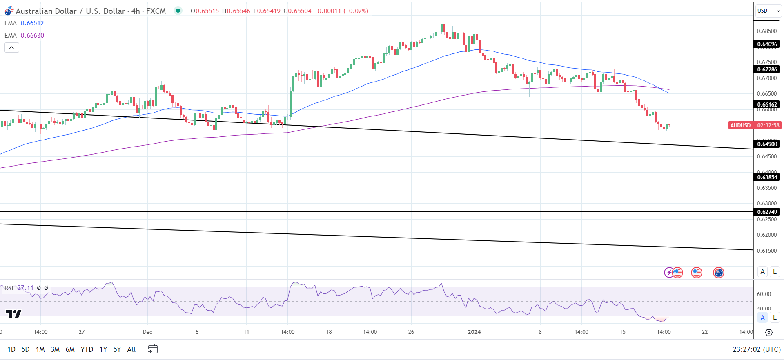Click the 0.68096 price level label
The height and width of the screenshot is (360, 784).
pyautogui.click(x=767, y=44)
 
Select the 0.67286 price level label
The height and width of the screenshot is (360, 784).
pyautogui.click(x=767, y=69)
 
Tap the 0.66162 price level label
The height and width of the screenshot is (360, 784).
pyautogui.click(x=767, y=104)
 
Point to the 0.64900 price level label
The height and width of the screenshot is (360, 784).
pyautogui.click(x=767, y=144)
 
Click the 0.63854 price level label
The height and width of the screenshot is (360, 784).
pyautogui.click(x=767, y=177)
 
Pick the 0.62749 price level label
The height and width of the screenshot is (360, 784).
pyautogui.click(x=767, y=212)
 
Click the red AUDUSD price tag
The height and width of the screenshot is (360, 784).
pyautogui.click(x=740, y=125)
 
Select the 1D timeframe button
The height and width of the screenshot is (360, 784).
pyautogui.click(x=11, y=349)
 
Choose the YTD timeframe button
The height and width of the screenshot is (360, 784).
pyautogui.click(x=87, y=349)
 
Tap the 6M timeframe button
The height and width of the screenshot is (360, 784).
pyautogui.click(x=70, y=349)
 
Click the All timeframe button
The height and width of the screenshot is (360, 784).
pyautogui.click(x=131, y=349)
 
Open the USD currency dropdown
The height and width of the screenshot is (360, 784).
pyautogui.click(x=768, y=11)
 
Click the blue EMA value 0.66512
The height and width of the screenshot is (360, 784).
pyautogui.click(x=32, y=23)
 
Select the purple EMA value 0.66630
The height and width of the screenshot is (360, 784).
pyautogui.click(x=32, y=36)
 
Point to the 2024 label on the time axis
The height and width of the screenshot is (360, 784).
pyautogui.click(x=474, y=332)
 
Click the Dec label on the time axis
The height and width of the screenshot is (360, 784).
pyautogui.click(x=147, y=332)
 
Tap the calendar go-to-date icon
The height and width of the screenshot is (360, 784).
pyautogui.click(x=153, y=349)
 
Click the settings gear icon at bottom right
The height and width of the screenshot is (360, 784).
pyautogui.click(x=768, y=333)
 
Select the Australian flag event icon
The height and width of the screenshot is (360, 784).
pyautogui.click(x=718, y=272)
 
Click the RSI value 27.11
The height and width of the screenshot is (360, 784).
pyautogui.click(x=26, y=288)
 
